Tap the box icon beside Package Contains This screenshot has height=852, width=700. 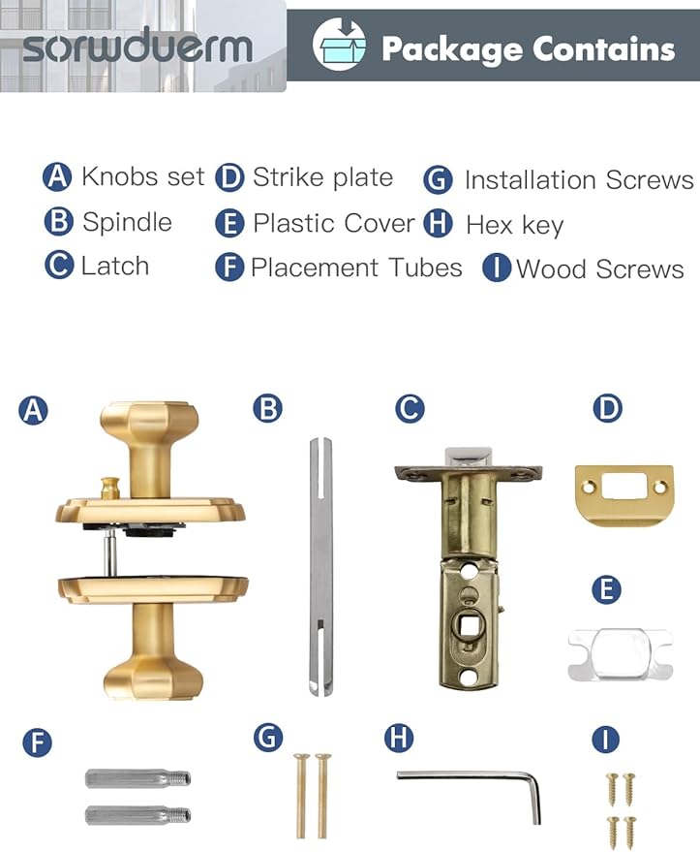point(339,45)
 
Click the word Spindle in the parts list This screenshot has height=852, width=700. point(127,222)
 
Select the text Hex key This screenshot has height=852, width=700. point(514,225)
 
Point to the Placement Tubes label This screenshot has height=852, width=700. point(356,268)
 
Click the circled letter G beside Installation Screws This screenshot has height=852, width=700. point(438,180)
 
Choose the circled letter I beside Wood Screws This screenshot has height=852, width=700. point(497,268)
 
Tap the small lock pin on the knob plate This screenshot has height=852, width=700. point(110,489)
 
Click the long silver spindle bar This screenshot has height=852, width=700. point(320,566)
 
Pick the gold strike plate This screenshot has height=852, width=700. point(624,494)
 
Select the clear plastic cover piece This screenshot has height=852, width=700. point(621,654)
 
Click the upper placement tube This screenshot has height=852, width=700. point(137,778)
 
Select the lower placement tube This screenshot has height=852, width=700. point(137,815)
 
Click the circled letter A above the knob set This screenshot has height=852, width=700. point(33,410)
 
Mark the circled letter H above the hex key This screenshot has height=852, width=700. point(399,738)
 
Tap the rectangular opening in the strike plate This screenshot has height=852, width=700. point(624,486)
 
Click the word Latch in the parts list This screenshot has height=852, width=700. point(115,267)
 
